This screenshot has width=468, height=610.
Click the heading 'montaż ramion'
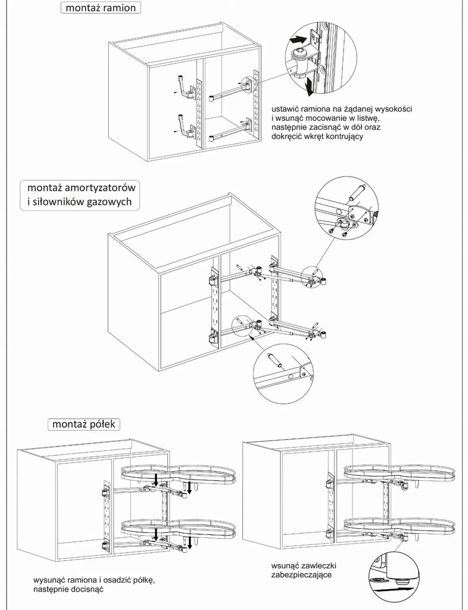click(101, 8)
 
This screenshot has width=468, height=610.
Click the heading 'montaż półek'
click(84, 424)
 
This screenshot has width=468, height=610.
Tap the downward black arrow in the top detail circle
click(309, 88)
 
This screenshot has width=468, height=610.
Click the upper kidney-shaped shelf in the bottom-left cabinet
click(179, 475)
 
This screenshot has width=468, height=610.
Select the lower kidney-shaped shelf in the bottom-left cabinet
click(179, 527)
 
